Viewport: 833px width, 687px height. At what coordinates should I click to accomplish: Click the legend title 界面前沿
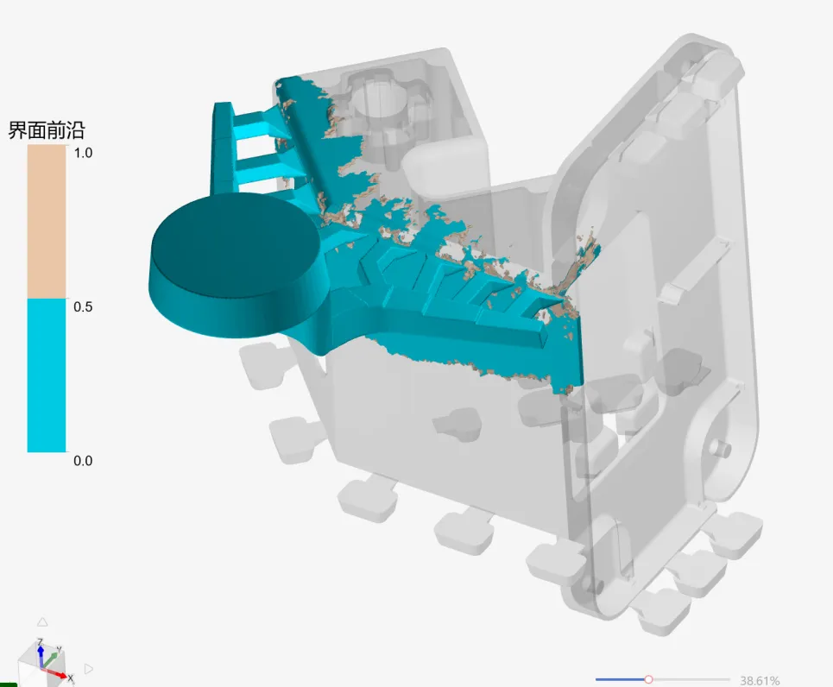point(47,130)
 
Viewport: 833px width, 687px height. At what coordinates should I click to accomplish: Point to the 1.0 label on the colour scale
point(83,153)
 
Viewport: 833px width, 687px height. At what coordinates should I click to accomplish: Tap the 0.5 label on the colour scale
point(83,307)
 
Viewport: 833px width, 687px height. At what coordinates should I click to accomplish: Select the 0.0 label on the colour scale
point(83,461)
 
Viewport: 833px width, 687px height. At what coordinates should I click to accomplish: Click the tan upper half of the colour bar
point(47,222)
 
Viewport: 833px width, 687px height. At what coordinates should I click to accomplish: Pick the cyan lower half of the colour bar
point(47,375)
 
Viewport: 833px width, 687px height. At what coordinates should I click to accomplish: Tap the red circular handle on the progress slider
point(648,679)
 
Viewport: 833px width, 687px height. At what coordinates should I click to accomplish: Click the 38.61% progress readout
point(760,681)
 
